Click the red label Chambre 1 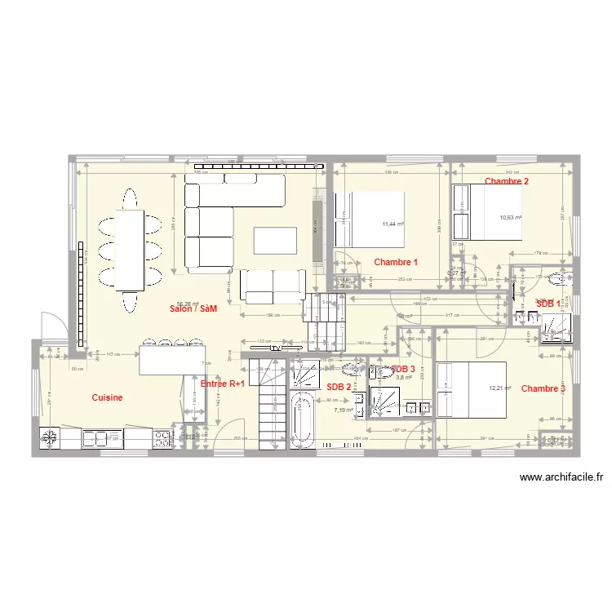pyautogui.click(x=396, y=262)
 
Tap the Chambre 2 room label pyautogui.click(x=506, y=181)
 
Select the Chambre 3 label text pyautogui.click(x=543, y=388)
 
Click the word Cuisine pyautogui.click(x=107, y=397)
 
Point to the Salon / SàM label pyautogui.click(x=193, y=308)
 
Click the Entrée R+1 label pyautogui.click(x=222, y=383)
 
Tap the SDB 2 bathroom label pyautogui.click(x=339, y=387)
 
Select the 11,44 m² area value pyautogui.click(x=393, y=224)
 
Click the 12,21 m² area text pyautogui.click(x=499, y=388)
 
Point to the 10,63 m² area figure pyautogui.click(x=511, y=217)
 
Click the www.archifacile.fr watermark pyautogui.click(x=561, y=478)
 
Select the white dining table pyautogui.click(x=130, y=250)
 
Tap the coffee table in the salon pyautogui.click(x=275, y=241)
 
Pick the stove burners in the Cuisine pyautogui.click(x=162, y=438)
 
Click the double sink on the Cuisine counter pyautogui.click(x=100, y=438)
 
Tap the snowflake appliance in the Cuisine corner pyautogui.click(x=50, y=438)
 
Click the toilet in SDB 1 pyautogui.click(x=557, y=282)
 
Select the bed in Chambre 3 pyautogui.click(x=471, y=388)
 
